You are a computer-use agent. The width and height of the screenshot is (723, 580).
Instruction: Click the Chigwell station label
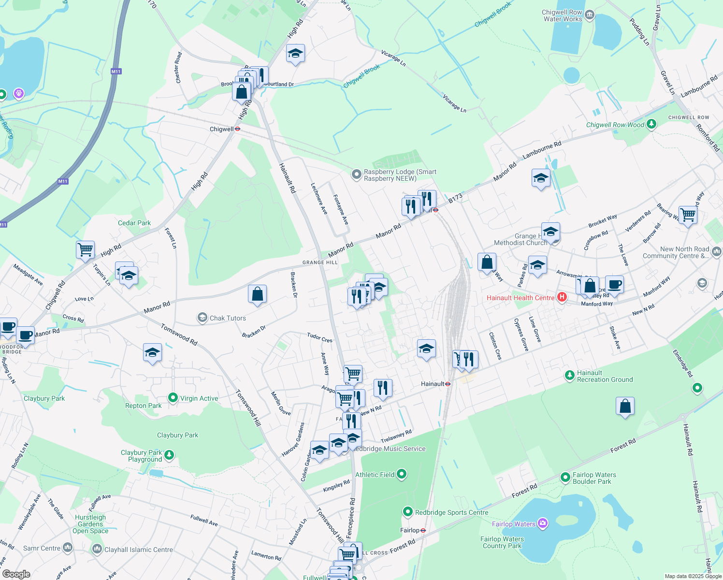click(222, 129)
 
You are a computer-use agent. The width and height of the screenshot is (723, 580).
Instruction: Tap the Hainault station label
click(433, 384)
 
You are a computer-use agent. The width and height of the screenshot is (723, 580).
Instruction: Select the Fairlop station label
click(410, 530)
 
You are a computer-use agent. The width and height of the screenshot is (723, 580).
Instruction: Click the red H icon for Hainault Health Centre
click(562, 297)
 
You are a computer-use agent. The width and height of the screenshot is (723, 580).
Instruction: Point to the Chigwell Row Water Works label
click(563, 15)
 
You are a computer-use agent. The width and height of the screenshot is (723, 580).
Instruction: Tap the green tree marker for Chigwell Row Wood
click(651, 124)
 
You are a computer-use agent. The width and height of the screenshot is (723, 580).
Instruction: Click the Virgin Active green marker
click(173, 398)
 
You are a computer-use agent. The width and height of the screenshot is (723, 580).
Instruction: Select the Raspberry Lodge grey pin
click(356, 174)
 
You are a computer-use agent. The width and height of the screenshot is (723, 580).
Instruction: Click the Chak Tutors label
click(228, 318)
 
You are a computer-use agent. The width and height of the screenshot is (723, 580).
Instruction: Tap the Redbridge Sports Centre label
click(451, 512)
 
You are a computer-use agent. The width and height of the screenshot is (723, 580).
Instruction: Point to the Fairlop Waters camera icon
click(543, 523)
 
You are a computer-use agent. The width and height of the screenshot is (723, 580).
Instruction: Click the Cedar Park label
click(134, 223)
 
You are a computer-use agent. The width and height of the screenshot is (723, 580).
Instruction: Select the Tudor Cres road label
click(320, 337)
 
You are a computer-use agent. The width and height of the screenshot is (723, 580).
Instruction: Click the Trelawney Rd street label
click(396, 436)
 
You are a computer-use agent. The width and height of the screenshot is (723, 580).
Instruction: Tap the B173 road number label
click(455, 198)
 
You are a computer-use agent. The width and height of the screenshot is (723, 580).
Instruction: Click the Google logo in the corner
click(16, 574)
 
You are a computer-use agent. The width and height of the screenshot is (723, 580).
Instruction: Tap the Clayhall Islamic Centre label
click(139, 550)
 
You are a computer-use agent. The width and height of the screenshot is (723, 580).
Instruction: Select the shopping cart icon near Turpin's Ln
click(85, 249)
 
